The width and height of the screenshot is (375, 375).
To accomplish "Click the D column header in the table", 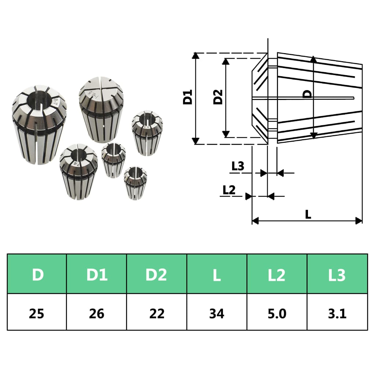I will [x=37, y=274].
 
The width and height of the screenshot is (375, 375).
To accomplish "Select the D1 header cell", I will [x=97, y=274].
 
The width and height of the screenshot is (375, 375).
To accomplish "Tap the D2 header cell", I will [x=157, y=274].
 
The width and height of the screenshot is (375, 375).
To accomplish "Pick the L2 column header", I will [x=277, y=274].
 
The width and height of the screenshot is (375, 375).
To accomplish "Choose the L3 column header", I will [x=337, y=274].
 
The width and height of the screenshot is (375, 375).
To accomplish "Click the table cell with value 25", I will [x=37, y=313].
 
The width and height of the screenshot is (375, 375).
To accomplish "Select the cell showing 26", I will [x=97, y=313].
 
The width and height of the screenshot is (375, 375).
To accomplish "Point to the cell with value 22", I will [x=157, y=313].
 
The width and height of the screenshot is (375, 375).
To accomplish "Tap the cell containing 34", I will [x=217, y=313].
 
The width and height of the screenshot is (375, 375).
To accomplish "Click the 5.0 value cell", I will [x=277, y=313].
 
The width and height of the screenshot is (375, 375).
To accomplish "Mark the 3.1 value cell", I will [x=337, y=313].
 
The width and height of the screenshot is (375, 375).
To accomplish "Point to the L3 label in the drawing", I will [x=238, y=167].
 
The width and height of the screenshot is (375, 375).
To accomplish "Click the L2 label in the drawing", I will [x=229, y=190].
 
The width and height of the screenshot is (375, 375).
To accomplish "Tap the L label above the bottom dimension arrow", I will [x=308, y=215].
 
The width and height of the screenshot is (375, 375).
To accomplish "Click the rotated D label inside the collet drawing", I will [x=308, y=94].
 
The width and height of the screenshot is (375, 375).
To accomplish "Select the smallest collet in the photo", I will [x=135, y=183].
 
